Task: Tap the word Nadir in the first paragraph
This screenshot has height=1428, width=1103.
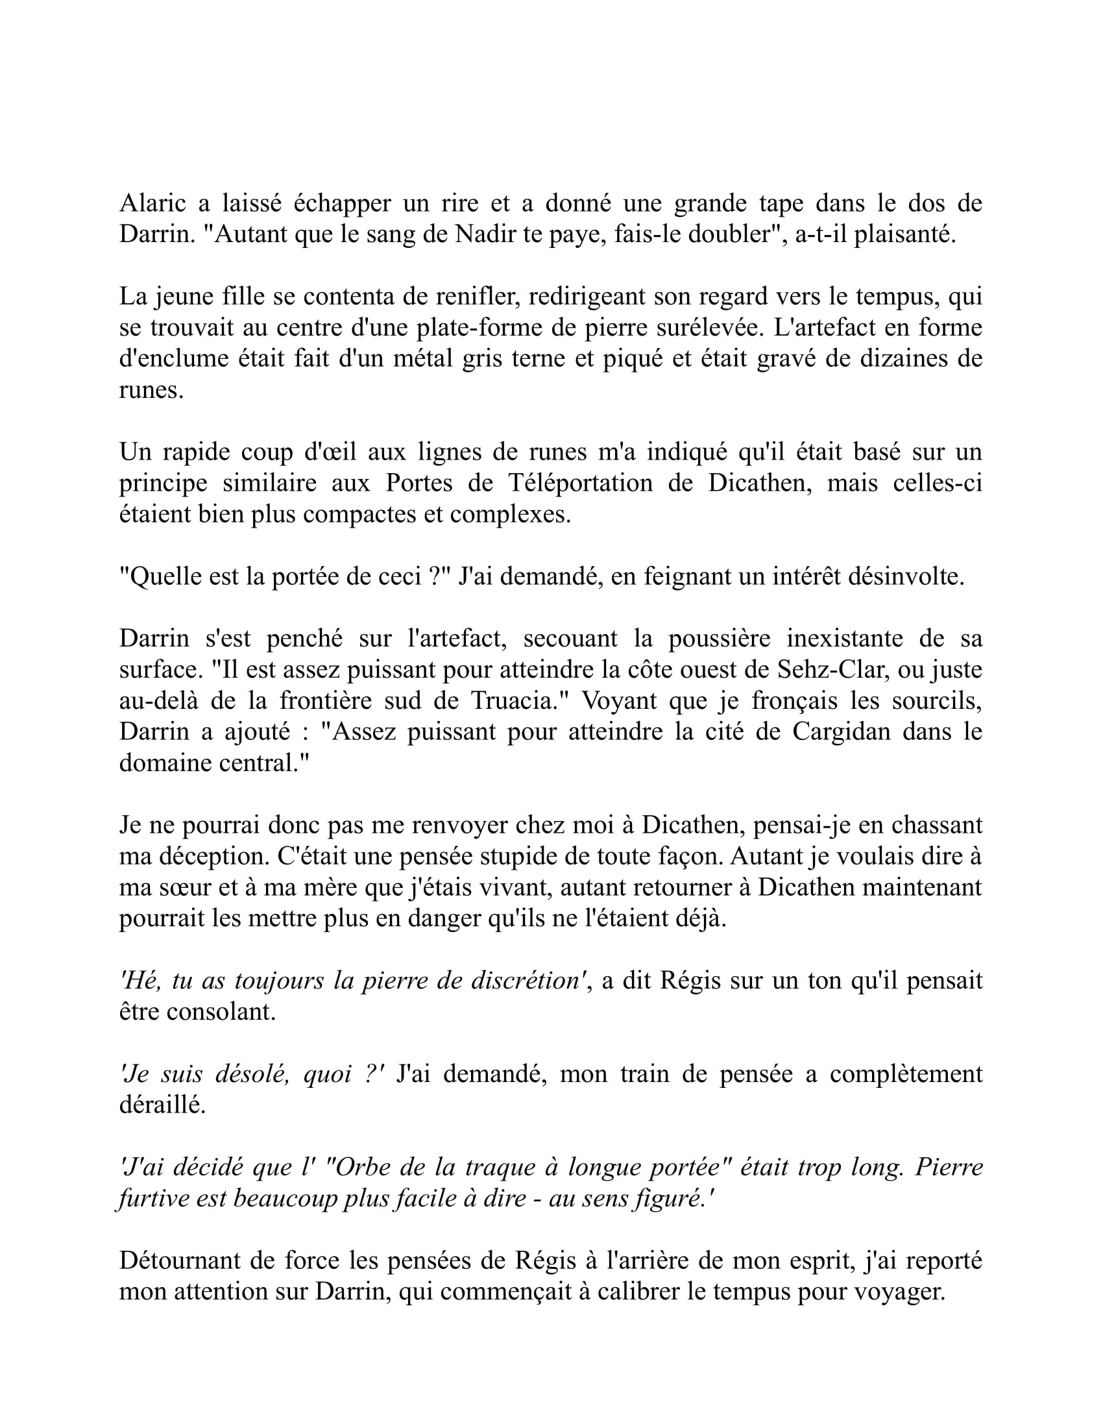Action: (482, 235)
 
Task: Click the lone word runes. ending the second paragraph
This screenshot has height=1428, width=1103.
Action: (151, 390)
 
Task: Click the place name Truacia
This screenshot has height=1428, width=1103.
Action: (516, 701)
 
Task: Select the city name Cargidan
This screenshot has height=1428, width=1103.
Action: (841, 732)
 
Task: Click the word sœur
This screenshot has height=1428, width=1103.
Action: (176, 888)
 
